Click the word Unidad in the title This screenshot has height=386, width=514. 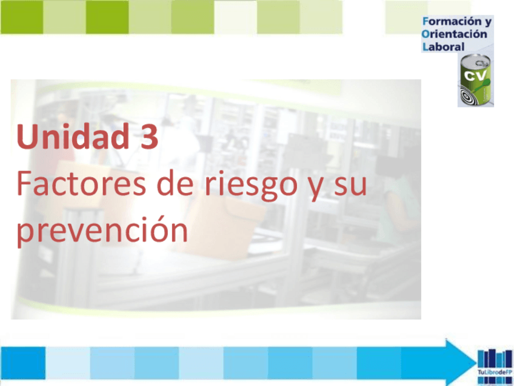pos(65,137)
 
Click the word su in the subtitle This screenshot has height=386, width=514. pos(350,184)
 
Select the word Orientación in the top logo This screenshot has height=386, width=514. pos(455,35)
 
